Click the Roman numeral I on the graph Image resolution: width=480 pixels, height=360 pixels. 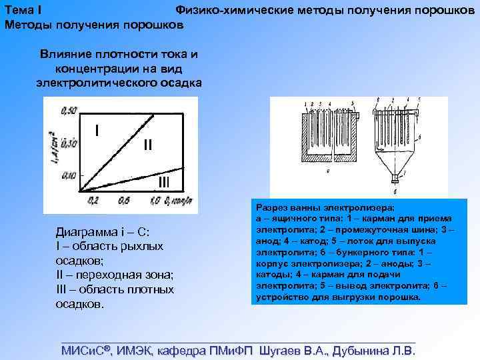[x=97, y=129]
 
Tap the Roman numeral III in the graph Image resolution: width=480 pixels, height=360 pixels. [x=164, y=182]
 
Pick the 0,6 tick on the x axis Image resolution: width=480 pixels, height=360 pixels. [x=123, y=200]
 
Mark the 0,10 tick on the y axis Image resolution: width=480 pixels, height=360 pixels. [x=68, y=175]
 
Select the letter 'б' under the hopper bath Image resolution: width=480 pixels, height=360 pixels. [x=396, y=191]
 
